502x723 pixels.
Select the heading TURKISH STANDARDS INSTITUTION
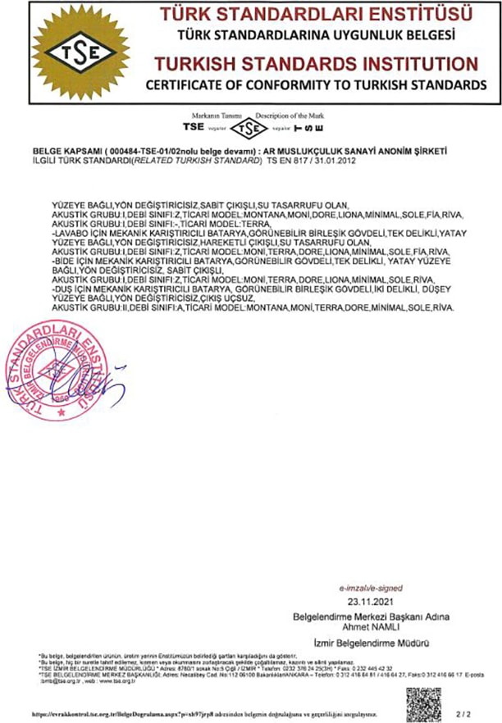[x=316, y=64]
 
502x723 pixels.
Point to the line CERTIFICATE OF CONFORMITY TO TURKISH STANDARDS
[x=316, y=85]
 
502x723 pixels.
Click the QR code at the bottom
[x=423, y=703]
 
